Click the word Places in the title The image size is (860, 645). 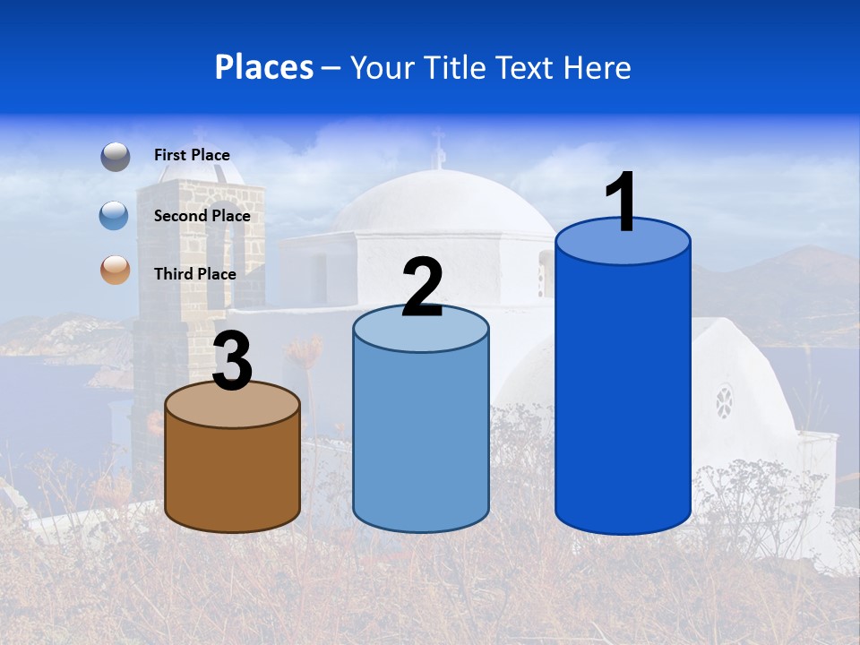[x=264, y=67]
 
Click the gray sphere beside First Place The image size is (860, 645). [x=115, y=157]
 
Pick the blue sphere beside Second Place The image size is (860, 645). [x=115, y=216]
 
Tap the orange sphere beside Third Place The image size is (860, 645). [x=115, y=270]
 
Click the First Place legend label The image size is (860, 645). [x=192, y=155]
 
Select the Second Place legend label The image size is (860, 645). [x=202, y=216]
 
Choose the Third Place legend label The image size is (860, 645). [x=194, y=274]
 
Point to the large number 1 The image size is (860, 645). [x=622, y=202]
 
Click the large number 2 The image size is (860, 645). [x=422, y=288]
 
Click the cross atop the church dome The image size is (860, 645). [x=438, y=143]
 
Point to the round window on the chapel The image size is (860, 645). [x=723, y=400]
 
